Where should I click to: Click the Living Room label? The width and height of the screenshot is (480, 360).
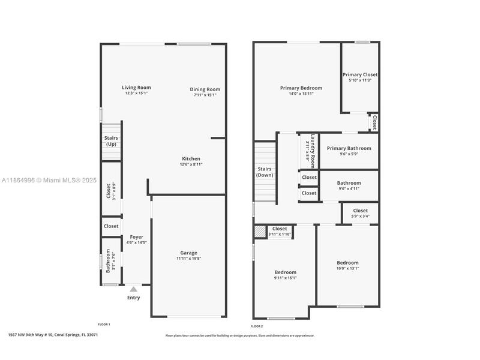pos(136,88)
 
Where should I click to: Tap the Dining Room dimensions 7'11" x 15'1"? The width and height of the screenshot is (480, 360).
pos(205,95)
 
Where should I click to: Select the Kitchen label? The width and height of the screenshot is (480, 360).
pos(191,158)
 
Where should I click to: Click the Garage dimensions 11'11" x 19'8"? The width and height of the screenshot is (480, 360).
pos(188,259)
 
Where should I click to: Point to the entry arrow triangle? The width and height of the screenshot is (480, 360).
pos(133,289)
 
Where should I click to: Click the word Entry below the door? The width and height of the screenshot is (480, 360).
pos(133,298)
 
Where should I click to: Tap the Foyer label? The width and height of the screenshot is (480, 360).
pos(137,237)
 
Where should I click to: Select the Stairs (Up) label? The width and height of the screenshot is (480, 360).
pos(111,141)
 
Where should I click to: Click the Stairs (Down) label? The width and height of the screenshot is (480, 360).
pos(265,172)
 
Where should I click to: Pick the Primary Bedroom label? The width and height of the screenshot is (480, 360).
pos(301,88)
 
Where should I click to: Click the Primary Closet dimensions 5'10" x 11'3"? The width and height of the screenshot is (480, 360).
pos(360,80)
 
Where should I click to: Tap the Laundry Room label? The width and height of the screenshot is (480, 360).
pos(313,151)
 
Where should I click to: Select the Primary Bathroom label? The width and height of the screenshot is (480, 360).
pos(349,148)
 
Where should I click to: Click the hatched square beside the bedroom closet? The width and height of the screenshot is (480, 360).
pos(260,231)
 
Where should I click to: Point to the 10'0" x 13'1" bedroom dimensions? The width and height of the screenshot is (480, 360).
pos(348,268)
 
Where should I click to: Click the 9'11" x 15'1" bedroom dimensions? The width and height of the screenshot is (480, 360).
pos(286,278)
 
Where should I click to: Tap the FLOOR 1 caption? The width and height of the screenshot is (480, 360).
pos(104,324)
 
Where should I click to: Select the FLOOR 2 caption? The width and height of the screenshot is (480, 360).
pos(257,326)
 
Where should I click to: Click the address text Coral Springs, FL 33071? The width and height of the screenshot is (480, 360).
pos(76,335)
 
